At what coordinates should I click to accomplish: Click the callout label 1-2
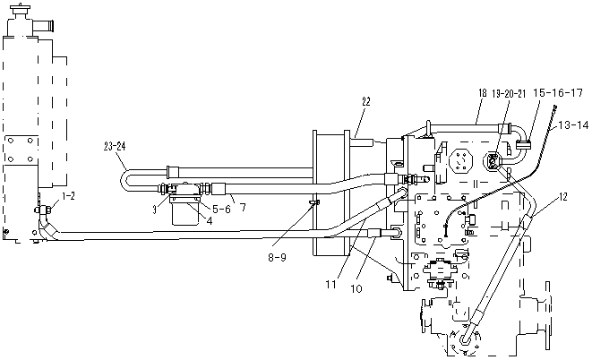pos(68,195)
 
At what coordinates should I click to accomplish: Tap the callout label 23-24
pos(114,147)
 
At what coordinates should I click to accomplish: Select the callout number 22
pos(365,101)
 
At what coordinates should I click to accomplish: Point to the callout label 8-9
pos(277,257)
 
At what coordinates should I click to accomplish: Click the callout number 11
pos(330,285)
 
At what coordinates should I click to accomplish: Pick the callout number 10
pos(356,288)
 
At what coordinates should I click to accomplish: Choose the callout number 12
pos(563,197)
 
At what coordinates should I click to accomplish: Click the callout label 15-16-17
pos(558,92)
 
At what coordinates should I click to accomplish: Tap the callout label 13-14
pos(573,124)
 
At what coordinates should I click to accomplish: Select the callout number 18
pos(483,93)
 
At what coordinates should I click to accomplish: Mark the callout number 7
pos(243,207)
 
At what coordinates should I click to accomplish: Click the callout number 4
pos(209,221)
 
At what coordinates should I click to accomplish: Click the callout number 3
pos(154,210)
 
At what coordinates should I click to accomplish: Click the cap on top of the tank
pos(19,10)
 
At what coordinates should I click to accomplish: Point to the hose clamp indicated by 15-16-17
pos(523,144)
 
